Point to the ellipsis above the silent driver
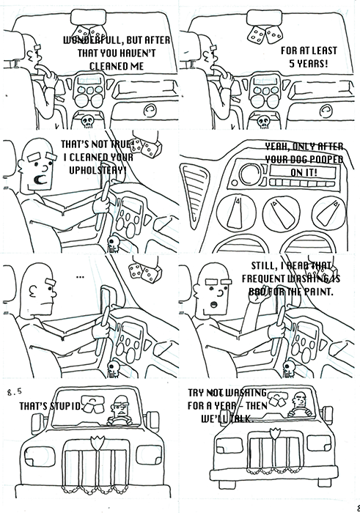point(80,276)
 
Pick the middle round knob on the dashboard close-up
point(273,214)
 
